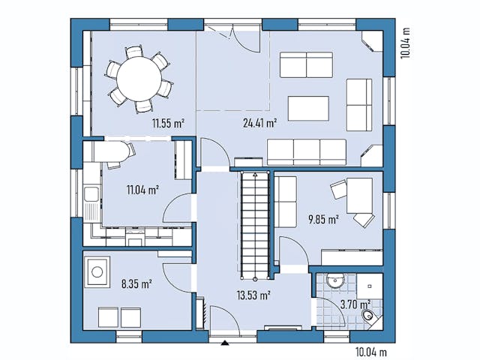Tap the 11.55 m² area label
pyautogui.click(x=168, y=123)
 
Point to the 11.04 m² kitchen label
pyautogui.click(x=142, y=190)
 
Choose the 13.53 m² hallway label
pyautogui.click(x=253, y=295)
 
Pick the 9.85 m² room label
pyautogui.click(x=323, y=220)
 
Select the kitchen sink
pyautogui.click(x=92, y=196)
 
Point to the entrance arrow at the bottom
pyautogui.click(x=224, y=343)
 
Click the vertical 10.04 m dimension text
pyautogui.click(x=406, y=43)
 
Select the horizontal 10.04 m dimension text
pyautogui.click(x=371, y=351)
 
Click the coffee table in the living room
pyautogui.click(x=308, y=109)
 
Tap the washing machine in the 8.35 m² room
pyautogui.click(x=97, y=271)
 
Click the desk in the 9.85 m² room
pyautogui.click(x=359, y=196)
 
